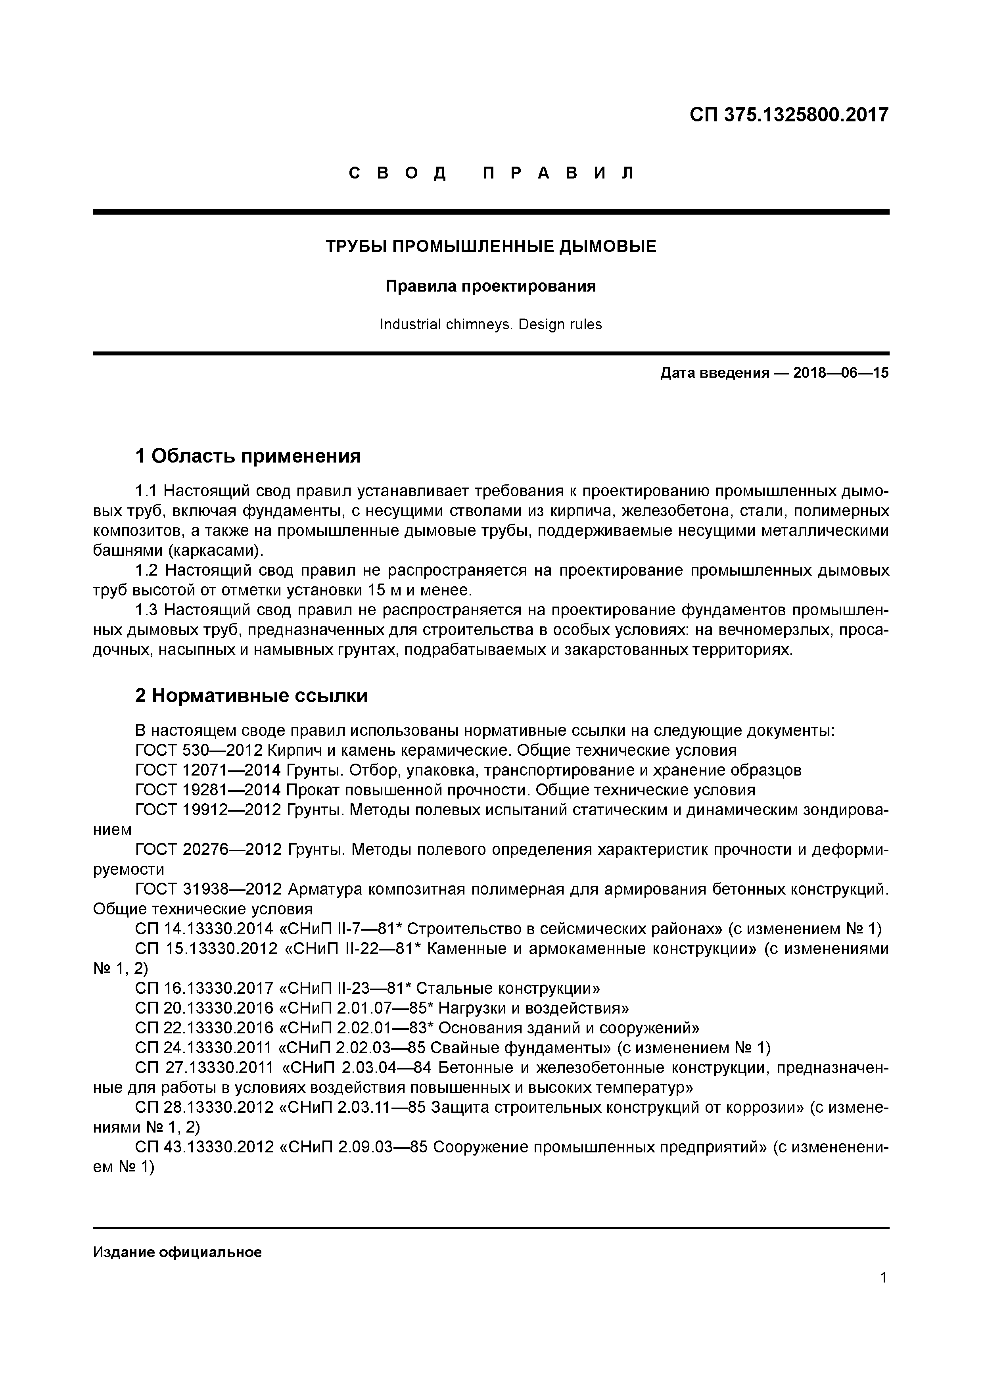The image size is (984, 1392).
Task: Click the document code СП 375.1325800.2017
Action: (788, 115)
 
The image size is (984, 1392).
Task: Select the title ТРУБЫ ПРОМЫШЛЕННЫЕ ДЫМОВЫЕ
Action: (491, 247)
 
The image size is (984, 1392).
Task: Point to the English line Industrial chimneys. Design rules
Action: (491, 324)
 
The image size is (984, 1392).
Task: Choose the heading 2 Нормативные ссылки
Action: (251, 696)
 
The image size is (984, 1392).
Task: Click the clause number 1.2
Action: (147, 570)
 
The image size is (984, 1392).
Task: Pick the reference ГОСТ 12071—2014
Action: (208, 770)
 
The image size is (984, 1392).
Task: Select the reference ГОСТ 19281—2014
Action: (208, 790)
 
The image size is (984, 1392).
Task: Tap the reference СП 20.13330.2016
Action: (204, 1008)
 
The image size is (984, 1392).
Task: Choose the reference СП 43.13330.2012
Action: (204, 1147)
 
